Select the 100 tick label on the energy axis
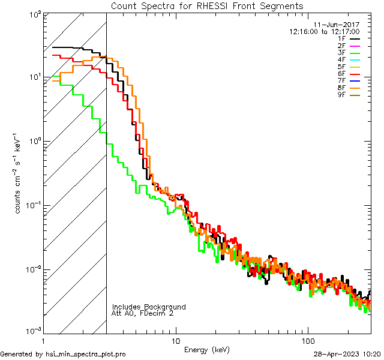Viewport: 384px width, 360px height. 308,340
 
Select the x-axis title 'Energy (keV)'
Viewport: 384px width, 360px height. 206,349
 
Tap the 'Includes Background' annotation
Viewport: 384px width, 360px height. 149,307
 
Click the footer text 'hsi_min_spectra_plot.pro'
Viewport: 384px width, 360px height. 86,354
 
